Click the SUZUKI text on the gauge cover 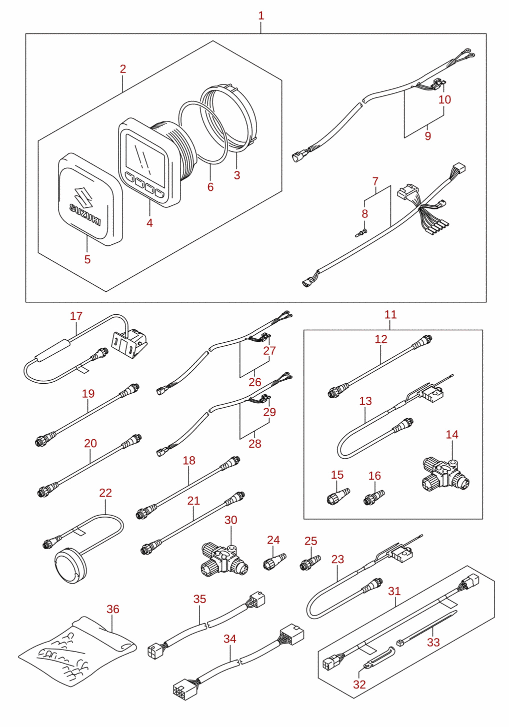click(x=85, y=214)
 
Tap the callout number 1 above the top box click(x=261, y=15)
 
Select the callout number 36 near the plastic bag click(x=112, y=609)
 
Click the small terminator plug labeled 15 click(x=338, y=497)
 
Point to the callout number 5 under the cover click(x=87, y=259)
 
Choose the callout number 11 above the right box click(x=390, y=314)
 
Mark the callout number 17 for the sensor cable click(x=76, y=316)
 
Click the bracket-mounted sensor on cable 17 click(x=129, y=343)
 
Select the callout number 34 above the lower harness click(x=229, y=639)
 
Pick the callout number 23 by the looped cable click(x=337, y=559)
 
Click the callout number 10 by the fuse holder click(x=444, y=99)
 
